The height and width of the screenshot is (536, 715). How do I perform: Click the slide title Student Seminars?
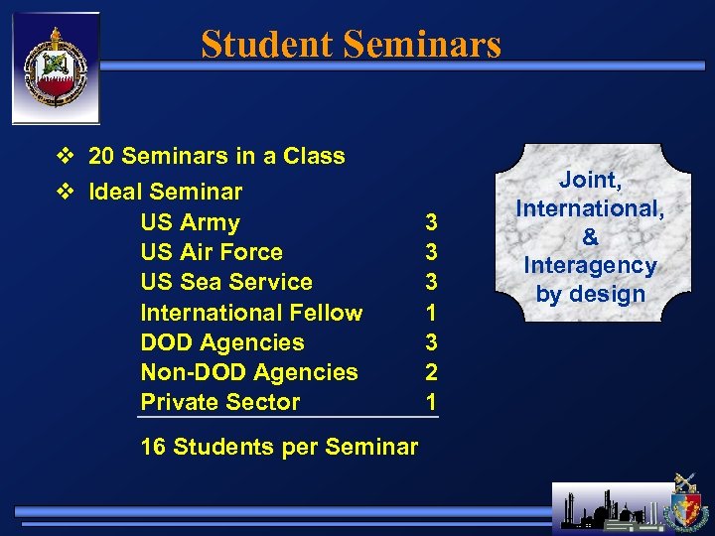click(x=351, y=45)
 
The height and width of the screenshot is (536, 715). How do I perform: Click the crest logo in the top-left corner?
click(x=56, y=68)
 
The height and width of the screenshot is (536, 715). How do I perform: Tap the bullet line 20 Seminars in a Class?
click(x=215, y=156)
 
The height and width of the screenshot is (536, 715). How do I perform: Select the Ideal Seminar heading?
click(x=165, y=191)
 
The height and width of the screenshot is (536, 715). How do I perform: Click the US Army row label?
click(x=190, y=222)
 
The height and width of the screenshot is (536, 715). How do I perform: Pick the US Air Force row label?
click(x=212, y=252)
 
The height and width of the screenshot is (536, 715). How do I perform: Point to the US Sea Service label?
click(x=226, y=282)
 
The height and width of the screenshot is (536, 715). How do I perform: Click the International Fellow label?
click(x=251, y=313)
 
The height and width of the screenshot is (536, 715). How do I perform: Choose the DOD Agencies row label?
click(x=222, y=342)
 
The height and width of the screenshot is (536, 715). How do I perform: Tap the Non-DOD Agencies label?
click(x=249, y=372)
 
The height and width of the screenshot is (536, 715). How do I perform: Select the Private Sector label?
click(x=219, y=402)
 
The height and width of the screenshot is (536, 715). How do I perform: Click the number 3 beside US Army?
click(x=431, y=222)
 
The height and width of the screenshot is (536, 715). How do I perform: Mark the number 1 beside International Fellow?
click(x=431, y=313)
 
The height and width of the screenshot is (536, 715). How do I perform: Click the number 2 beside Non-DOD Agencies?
click(x=431, y=372)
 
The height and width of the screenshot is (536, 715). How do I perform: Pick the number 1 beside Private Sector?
click(x=431, y=402)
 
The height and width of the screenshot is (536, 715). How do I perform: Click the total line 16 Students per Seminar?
click(x=279, y=447)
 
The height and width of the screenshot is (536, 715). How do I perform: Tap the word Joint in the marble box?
click(x=590, y=180)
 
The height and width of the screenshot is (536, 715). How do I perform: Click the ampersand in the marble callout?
click(x=590, y=237)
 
